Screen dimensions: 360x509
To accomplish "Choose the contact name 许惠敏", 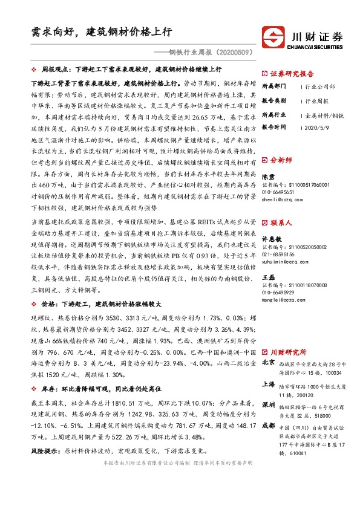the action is [272, 238].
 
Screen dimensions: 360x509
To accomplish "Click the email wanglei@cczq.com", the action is [283, 300].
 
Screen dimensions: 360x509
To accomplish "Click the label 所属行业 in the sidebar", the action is [272, 114].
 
